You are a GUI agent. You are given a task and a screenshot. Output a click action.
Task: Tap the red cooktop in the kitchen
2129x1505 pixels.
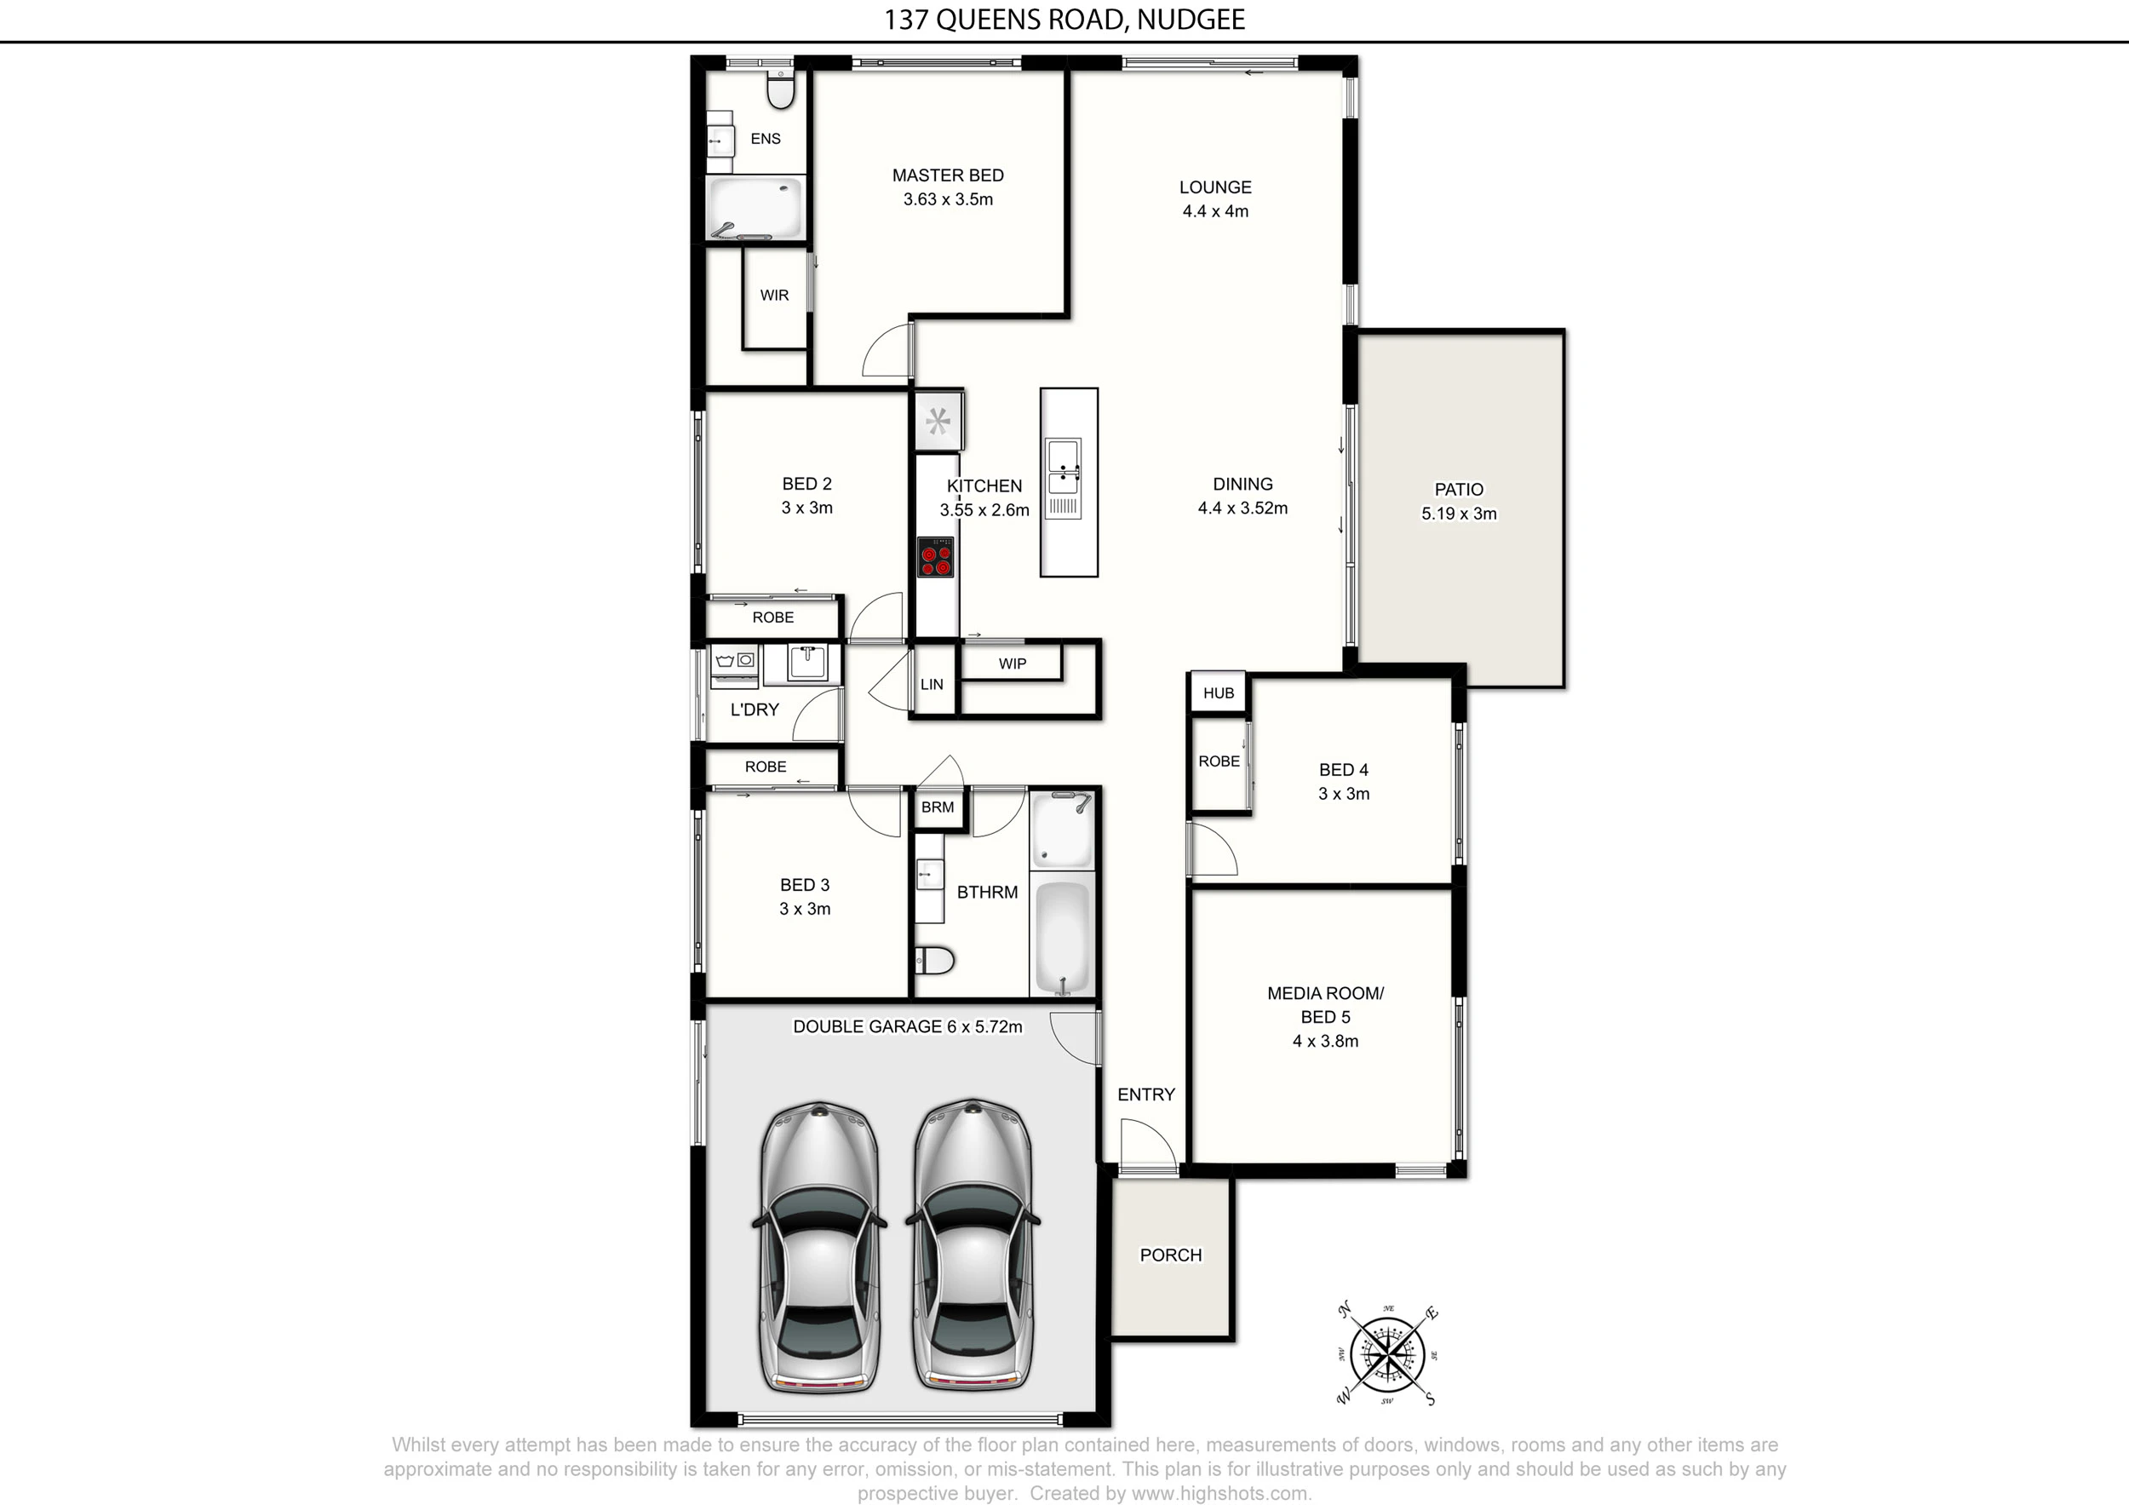[935, 556]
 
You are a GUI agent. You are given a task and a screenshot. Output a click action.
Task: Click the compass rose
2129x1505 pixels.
[1386, 1355]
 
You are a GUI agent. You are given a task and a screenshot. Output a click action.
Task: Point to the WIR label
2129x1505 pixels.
[774, 295]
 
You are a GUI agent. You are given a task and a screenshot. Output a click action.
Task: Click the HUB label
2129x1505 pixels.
[1219, 692]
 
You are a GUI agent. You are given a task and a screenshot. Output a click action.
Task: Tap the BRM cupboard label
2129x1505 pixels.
[938, 807]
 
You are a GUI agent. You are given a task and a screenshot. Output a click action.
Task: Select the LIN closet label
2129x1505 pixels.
[932, 684]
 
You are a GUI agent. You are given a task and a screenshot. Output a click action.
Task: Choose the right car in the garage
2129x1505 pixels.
[973, 1246]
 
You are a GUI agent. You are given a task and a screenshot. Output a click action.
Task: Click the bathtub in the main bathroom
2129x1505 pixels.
[1063, 937]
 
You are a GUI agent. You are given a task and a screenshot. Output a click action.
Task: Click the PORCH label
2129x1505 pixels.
[1170, 1255]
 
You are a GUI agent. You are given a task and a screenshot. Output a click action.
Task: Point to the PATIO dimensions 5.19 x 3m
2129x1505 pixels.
[1459, 514]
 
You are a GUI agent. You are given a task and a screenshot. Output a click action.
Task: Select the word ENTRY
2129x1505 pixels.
[1146, 1094]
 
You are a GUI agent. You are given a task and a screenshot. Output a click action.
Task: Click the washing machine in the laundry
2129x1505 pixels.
[734, 666]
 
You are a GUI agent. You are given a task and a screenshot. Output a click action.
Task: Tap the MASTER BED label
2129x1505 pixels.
[948, 175]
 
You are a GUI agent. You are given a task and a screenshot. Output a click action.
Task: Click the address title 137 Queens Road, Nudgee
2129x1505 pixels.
[1064, 20]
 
